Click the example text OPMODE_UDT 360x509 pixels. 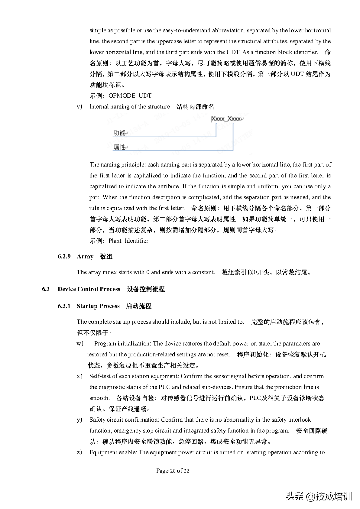pyautogui.click(x=130, y=96)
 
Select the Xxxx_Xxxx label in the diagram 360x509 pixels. pyautogui.click(x=226, y=119)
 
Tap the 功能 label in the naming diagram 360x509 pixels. pyautogui.click(x=120, y=133)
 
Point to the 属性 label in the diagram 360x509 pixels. pyautogui.click(x=120, y=147)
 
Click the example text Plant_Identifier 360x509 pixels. pyautogui.click(x=128, y=241)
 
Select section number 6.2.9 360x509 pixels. pyautogui.click(x=64, y=256)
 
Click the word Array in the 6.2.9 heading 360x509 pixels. pyautogui.click(x=85, y=256)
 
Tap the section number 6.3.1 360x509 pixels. pyautogui.click(x=64, y=306)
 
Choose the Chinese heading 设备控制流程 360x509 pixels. pyautogui.click(x=146, y=289)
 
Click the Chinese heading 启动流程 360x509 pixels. pyautogui.click(x=138, y=306)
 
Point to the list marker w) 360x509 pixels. pyautogui.click(x=80, y=344)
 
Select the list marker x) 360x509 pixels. pyautogui.click(x=80, y=376)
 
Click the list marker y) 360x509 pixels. pyautogui.click(x=80, y=420)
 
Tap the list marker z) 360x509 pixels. pyautogui.click(x=80, y=452)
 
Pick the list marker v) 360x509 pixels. pyautogui.click(x=80, y=107)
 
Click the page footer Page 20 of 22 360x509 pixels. pyautogui.click(x=173, y=471)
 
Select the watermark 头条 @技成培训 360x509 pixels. pyautogui.click(x=319, y=496)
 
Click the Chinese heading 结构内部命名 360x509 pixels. pyautogui.click(x=195, y=107)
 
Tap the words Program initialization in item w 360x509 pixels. pyautogui.click(x=122, y=344)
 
